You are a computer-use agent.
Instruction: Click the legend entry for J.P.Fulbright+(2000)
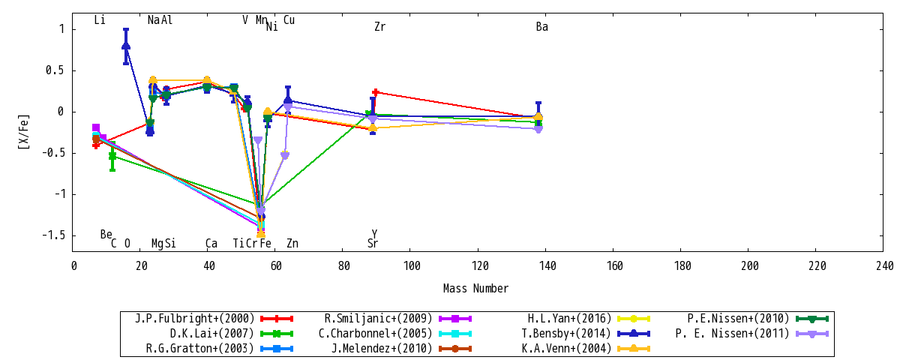point(214,319)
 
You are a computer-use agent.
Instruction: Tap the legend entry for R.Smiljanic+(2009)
point(397,319)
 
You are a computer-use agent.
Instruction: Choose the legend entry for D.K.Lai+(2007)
point(232,334)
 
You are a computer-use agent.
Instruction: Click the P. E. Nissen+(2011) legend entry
point(751,334)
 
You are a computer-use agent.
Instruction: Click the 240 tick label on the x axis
point(883,266)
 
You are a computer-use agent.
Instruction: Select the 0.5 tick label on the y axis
point(55,70)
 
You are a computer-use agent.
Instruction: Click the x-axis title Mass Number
point(475,289)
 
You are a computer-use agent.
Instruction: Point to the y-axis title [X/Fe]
point(24,132)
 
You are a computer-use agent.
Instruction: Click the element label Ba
point(542,26)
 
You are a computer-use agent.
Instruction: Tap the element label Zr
point(379,26)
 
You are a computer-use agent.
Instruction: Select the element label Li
point(100,19)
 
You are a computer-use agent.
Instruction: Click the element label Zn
point(292,243)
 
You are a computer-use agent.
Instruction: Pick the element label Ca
point(211,243)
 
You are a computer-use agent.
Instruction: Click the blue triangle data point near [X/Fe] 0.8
point(126,46)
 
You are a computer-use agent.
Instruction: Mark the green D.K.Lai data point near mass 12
point(112,156)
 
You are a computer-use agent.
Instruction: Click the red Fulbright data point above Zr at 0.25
point(376,92)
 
